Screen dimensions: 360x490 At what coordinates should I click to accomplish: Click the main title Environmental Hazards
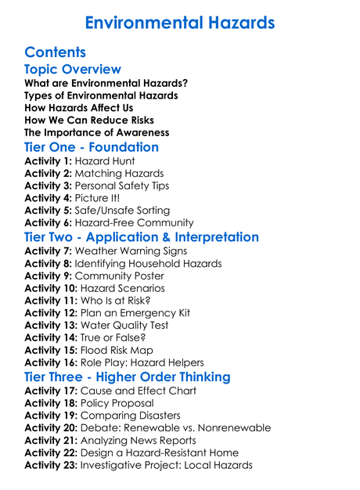(x=179, y=22)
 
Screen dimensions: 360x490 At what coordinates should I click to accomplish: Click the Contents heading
(x=55, y=52)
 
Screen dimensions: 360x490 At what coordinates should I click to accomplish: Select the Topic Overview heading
(x=73, y=70)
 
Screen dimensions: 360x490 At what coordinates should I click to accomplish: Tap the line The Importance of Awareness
(x=96, y=132)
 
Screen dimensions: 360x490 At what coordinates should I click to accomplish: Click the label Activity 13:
(x=51, y=325)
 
